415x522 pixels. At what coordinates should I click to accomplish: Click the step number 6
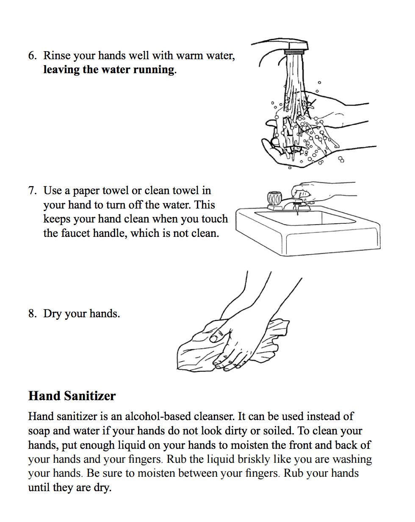(32, 56)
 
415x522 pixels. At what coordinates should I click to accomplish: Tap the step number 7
(32, 191)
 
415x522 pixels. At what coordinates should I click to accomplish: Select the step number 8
(32, 313)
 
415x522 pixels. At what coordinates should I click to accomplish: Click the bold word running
(153, 70)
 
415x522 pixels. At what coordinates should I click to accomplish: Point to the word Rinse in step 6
(57, 56)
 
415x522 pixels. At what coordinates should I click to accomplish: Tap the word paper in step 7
(86, 191)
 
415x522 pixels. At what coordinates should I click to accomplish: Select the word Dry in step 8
(52, 314)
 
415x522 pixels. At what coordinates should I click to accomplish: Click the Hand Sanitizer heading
(72, 396)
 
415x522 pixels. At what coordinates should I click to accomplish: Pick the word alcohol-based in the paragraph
(179, 417)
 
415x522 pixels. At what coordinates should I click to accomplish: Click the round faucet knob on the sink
(274, 198)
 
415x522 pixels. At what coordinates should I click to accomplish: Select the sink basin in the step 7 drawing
(305, 217)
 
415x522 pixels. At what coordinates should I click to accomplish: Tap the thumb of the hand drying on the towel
(219, 335)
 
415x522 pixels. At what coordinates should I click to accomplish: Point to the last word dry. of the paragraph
(102, 488)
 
